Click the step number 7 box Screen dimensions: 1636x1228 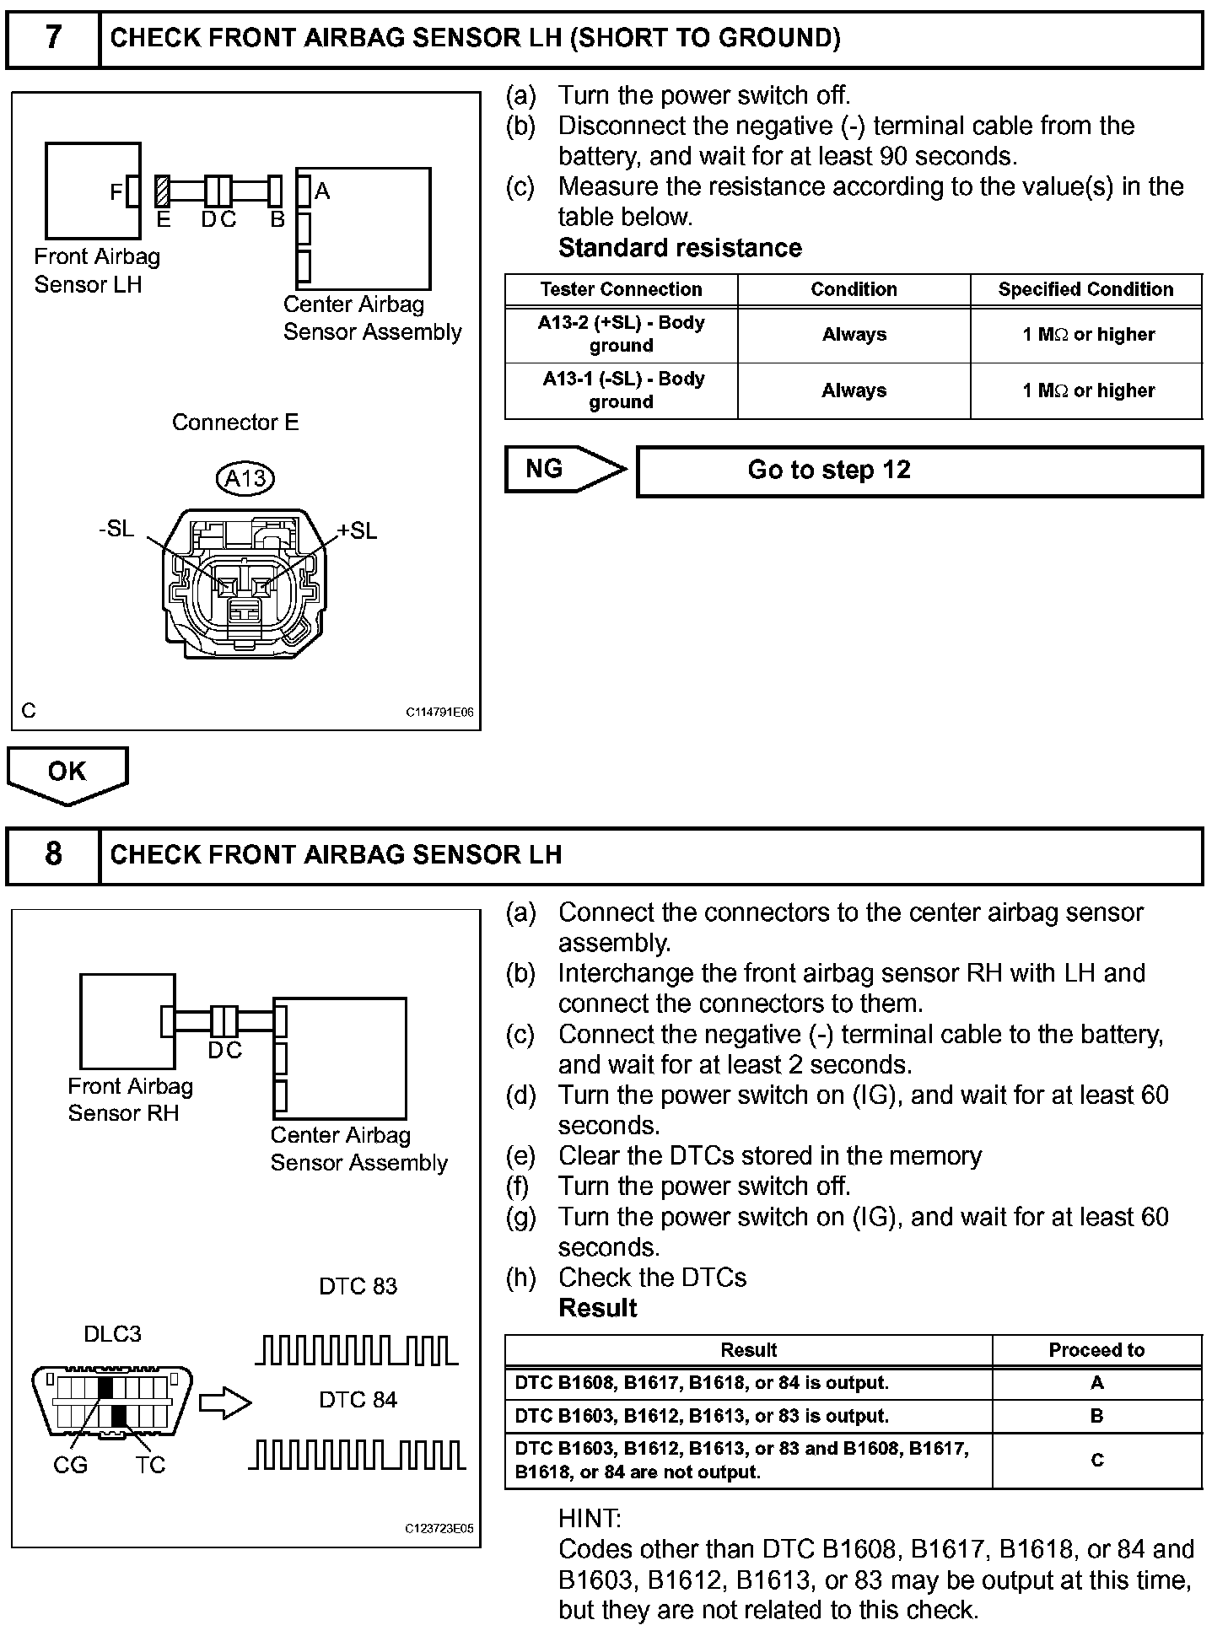(x=52, y=38)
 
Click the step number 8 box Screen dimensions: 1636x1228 (x=52, y=854)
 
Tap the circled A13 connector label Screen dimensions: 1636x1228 (x=245, y=479)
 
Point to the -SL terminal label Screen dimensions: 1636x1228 (x=116, y=529)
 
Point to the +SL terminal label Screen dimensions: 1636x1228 (x=357, y=530)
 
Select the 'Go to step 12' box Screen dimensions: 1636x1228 (x=918, y=471)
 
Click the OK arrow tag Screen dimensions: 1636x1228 (x=67, y=772)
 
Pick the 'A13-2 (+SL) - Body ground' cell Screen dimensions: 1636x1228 (x=621, y=334)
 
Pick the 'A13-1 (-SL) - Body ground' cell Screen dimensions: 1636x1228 (x=621, y=390)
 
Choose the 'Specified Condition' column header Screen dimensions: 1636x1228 (x=1085, y=289)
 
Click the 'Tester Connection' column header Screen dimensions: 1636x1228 (x=621, y=289)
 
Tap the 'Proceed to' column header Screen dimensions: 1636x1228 (x=1096, y=1350)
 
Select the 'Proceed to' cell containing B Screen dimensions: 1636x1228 (x=1096, y=1416)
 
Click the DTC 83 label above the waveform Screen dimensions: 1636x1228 (x=358, y=1286)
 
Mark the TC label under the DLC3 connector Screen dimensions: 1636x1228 (x=150, y=1465)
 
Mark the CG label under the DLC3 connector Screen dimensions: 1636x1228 (x=70, y=1465)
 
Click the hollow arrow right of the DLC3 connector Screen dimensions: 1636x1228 (x=225, y=1403)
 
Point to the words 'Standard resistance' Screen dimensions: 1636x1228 (x=680, y=248)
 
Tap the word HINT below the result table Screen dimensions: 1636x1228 (x=590, y=1519)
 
